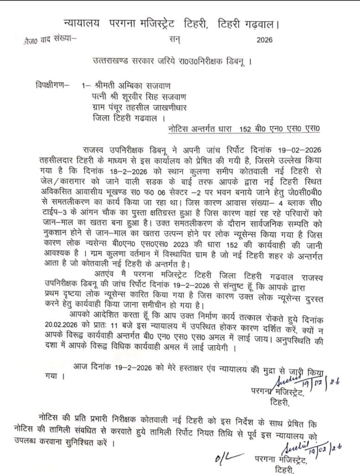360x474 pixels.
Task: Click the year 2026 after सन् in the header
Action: click(267, 40)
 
